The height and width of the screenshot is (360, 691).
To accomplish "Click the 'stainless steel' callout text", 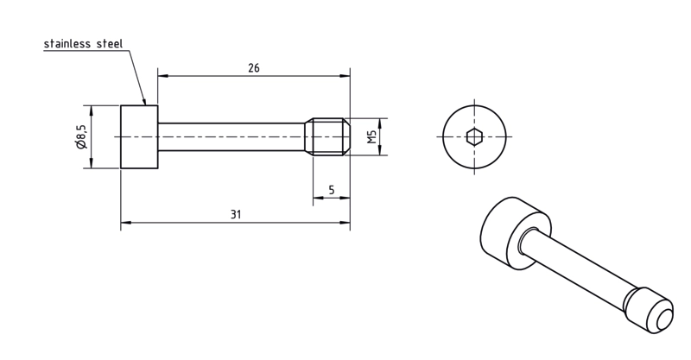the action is pyautogui.click(x=83, y=44).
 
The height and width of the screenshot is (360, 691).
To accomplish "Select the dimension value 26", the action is pyautogui.click(x=254, y=68).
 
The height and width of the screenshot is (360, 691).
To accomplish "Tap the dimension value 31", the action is pyautogui.click(x=236, y=215).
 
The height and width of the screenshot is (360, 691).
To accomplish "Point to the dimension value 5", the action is pyautogui.click(x=332, y=190).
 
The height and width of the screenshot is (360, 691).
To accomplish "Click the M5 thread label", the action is pyautogui.click(x=372, y=136).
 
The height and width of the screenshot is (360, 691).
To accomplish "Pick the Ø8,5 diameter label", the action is pyautogui.click(x=81, y=136).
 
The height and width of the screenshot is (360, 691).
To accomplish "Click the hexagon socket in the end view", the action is pyautogui.click(x=474, y=136).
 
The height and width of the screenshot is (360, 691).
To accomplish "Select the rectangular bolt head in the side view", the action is pyautogui.click(x=139, y=136).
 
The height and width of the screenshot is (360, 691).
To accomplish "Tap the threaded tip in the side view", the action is pyautogui.click(x=328, y=136).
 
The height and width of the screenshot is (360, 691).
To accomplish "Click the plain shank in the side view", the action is pyautogui.click(x=231, y=136).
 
